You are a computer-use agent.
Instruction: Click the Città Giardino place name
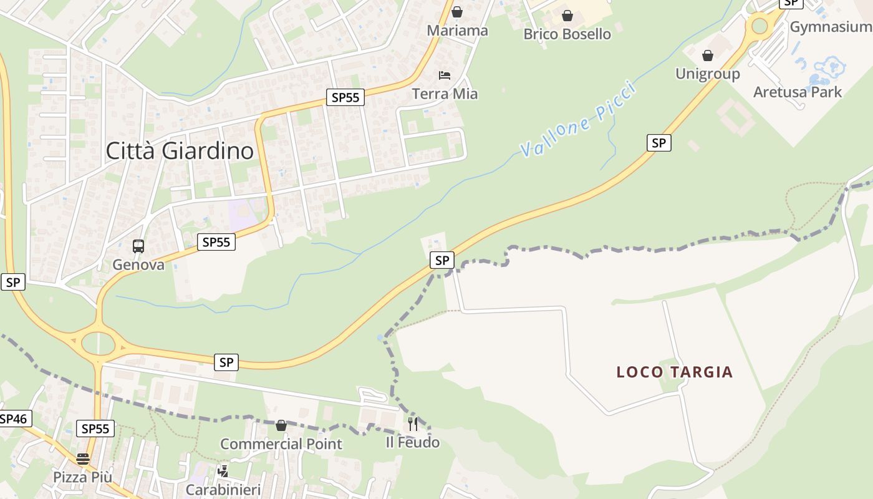click(x=180, y=151)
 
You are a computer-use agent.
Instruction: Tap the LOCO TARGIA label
click(x=674, y=372)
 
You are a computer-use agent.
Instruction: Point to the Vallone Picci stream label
click(x=578, y=120)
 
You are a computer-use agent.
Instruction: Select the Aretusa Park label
click(x=797, y=92)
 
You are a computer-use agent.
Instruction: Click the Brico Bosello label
click(x=567, y=34)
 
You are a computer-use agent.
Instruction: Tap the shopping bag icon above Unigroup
click(x=707, y=56)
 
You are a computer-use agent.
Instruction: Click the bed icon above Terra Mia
click(x=444, y=75)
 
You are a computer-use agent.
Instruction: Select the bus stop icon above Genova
click(x=138, y=246)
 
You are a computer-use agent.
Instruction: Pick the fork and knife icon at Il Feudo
click(x=413, y=424)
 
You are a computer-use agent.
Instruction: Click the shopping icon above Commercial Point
click(x=281, y=425)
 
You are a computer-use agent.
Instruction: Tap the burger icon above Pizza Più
click(x=83, y=459)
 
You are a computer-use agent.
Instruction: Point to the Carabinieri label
click(x=223, y=490)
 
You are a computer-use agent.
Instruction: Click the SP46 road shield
click(x=14, y=419)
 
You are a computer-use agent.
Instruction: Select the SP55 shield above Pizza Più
click(x=95, y=429)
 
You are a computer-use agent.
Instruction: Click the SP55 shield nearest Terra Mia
click(x=345, y=97)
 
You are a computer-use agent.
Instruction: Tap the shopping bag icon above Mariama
click(x=457, y=12)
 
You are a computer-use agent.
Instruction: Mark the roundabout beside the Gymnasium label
click(x=759, y=26)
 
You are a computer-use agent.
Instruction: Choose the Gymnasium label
click(x=830, y=27)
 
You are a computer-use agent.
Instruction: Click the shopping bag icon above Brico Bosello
click(x=567, y=16)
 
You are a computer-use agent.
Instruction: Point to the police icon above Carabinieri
click(x=223, y=471)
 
